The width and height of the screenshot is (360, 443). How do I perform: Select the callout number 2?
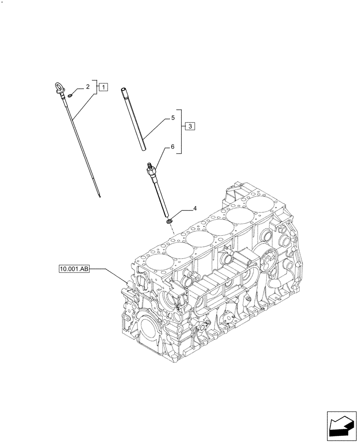click(88, 86)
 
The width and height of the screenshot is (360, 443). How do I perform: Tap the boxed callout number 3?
click(189, 127)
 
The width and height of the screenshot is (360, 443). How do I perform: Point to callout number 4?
click(194, 208)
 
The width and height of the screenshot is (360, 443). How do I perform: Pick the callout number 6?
click(173, 147)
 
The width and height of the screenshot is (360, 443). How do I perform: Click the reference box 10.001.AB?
click(74, 268)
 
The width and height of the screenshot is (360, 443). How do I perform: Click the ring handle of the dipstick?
click(59, 87)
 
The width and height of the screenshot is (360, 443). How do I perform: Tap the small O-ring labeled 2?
click(71, 94)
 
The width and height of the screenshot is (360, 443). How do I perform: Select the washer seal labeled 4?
click(169, 221)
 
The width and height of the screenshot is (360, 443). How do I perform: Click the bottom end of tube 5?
click(145, 149)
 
